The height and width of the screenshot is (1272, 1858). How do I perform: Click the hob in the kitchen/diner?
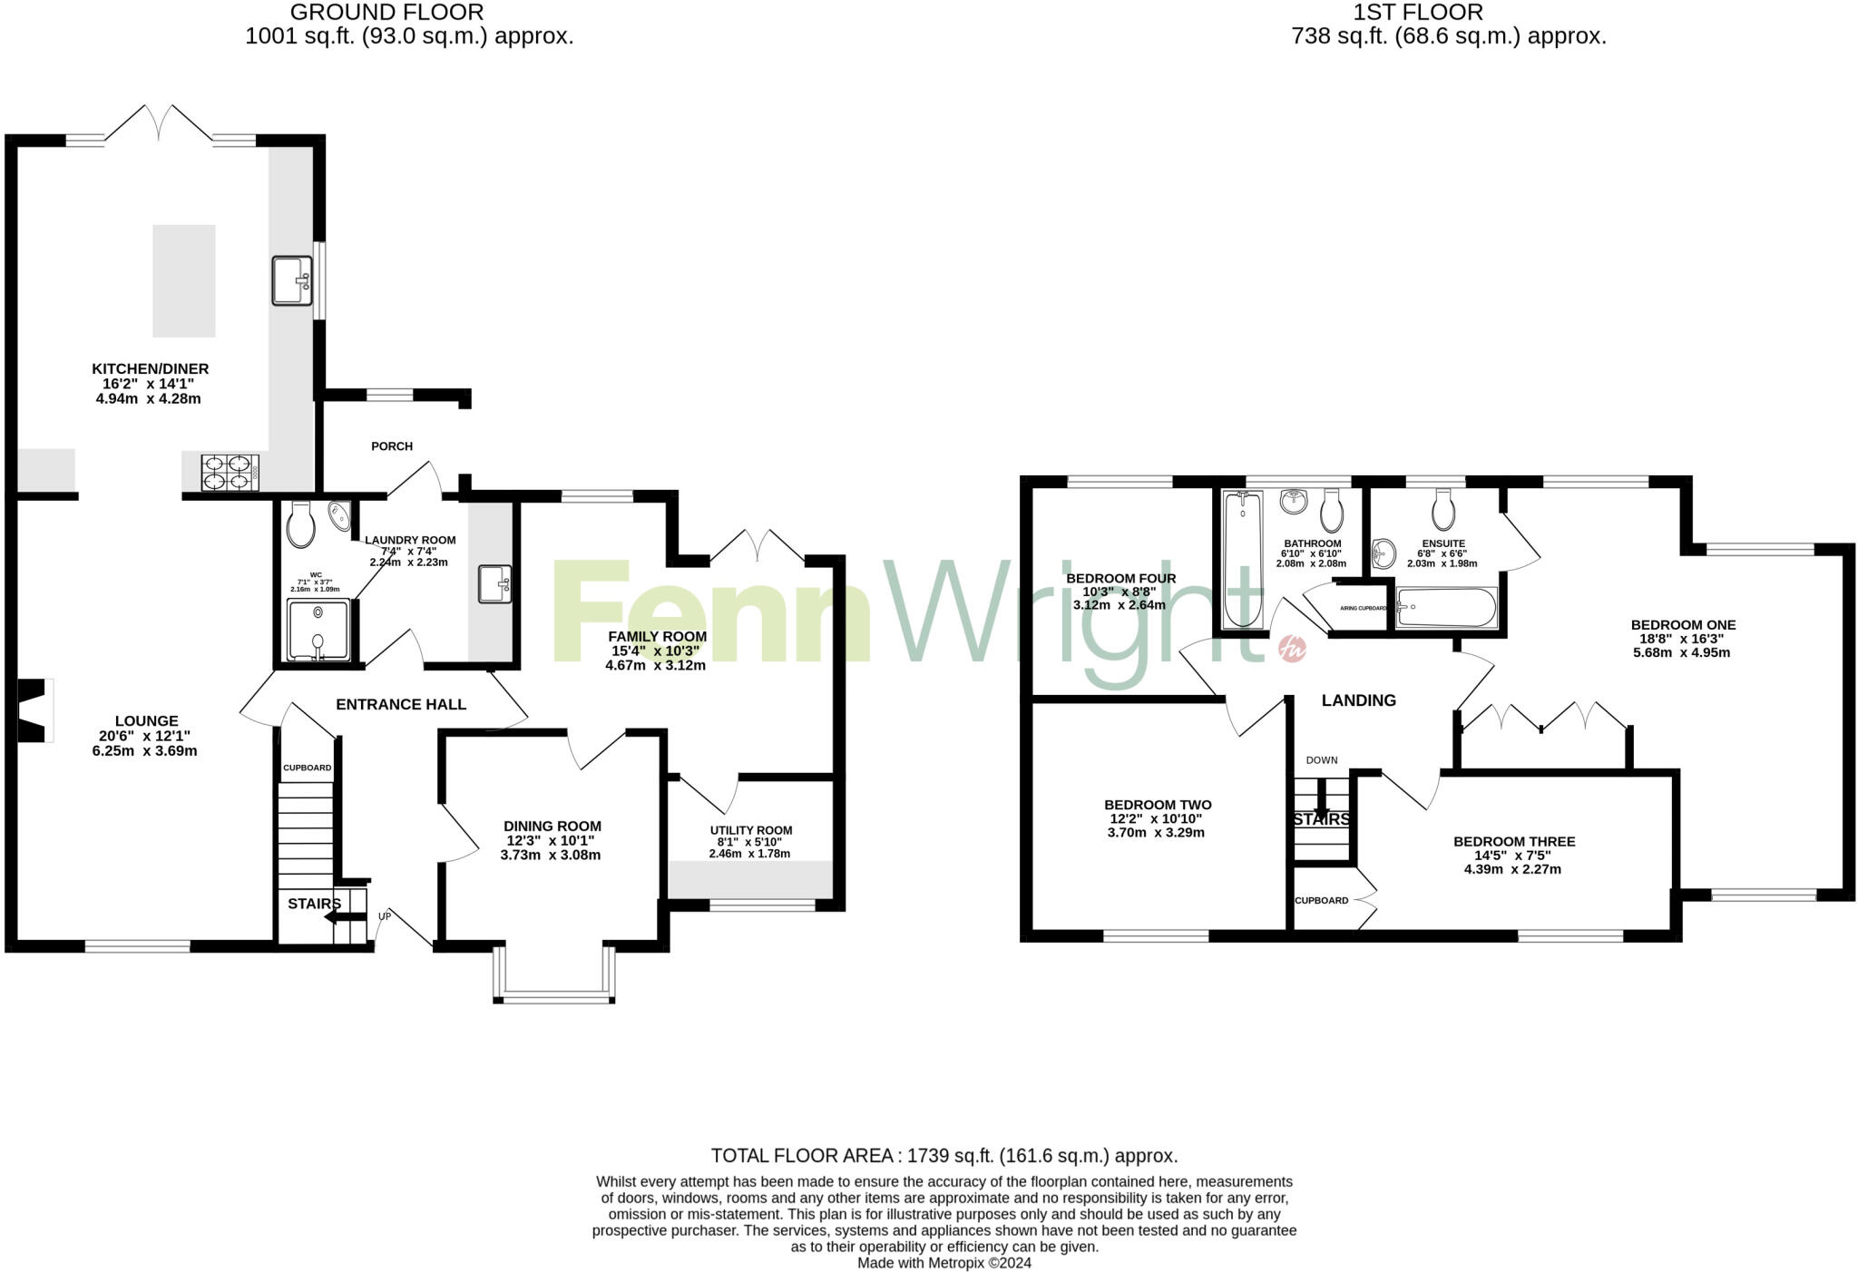tap(230, 472)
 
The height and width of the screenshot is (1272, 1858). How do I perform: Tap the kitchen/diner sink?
tap(292, 279)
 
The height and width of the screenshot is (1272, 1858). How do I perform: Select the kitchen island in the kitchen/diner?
tap(184, 280)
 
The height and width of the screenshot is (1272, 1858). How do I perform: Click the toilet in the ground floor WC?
tap(300, 525)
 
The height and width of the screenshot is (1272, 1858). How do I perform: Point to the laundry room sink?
tap(494, 583)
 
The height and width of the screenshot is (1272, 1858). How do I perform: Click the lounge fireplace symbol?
tap(34, 710)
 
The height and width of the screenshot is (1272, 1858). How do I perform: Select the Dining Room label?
tap(552, 826)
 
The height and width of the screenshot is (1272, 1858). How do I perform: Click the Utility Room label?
tap(751, 830)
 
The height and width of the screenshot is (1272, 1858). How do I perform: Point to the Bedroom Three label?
tap(1513, 841)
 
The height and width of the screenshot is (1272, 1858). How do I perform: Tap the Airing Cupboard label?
tap(1363, 608)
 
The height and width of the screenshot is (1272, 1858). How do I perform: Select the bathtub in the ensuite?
tap(1446, 607)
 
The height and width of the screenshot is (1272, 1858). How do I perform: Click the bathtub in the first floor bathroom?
tap(1242, 559)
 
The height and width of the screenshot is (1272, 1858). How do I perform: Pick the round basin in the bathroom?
tap(1293, 500)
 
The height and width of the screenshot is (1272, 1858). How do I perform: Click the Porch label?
tap(392, 446)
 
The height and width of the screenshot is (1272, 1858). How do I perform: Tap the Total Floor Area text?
tap(944, 1156)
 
